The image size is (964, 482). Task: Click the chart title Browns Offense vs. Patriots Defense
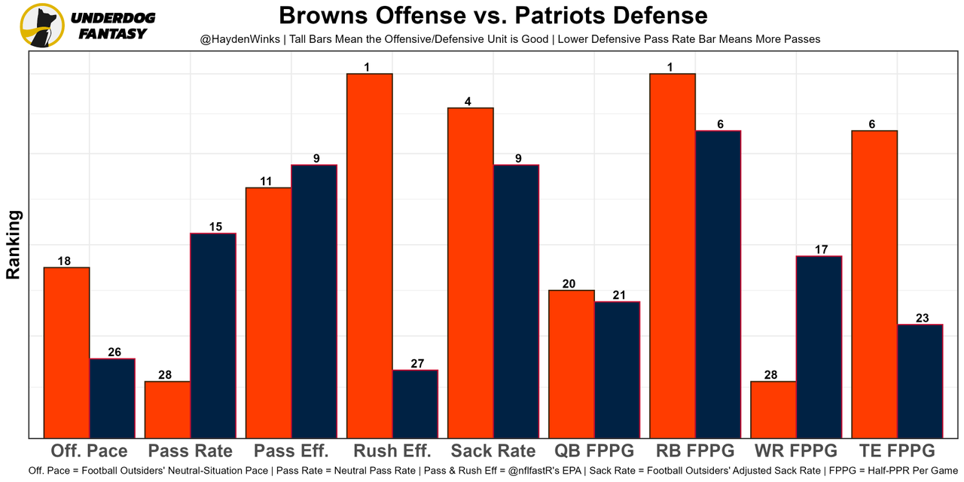click(493, 16)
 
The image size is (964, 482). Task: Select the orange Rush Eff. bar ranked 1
click(369, 256)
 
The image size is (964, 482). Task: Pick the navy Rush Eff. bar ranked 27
click(415, 404)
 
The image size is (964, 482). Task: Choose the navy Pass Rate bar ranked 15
click(213, 335)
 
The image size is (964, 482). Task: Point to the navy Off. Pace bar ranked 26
click(112, 398)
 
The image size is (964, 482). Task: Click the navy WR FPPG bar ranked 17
click(819, 346)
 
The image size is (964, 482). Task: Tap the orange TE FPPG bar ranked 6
click(874, 284)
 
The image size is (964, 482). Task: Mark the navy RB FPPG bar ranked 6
click(718, 284)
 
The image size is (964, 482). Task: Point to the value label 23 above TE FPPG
click(922, 318)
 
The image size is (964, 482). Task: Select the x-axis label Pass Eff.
click(291, 451)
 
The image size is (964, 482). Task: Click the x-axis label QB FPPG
click(594, 451)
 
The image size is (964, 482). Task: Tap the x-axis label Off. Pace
click(89, 451)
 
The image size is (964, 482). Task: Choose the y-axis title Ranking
click(14, 245)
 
